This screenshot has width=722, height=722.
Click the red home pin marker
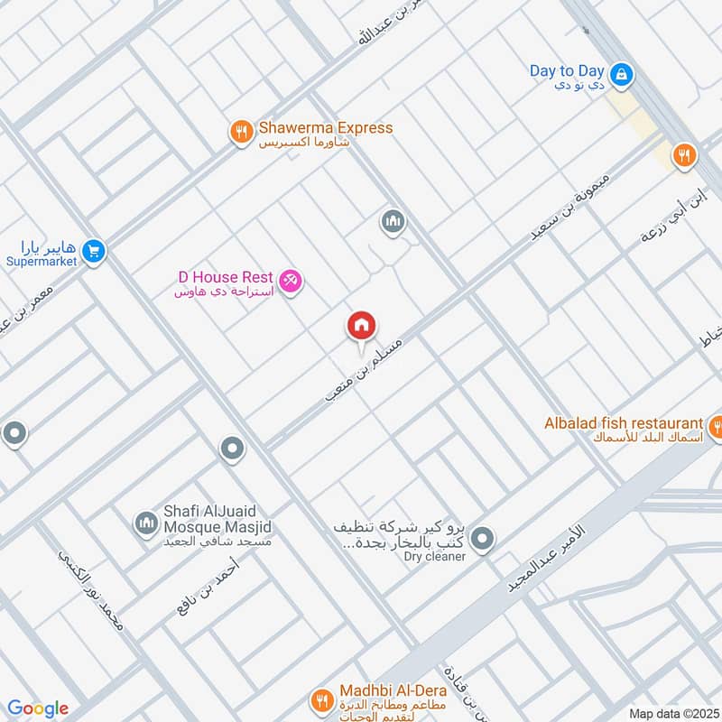362,326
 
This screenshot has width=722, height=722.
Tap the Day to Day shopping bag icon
621,76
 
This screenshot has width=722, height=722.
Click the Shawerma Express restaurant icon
240,133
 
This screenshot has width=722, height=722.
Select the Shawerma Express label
325,128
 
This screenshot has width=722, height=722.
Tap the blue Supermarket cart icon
93,253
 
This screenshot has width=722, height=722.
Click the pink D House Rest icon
291,282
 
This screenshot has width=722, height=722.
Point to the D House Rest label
226,275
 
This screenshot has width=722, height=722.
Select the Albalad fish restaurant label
623,423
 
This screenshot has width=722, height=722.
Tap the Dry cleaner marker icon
483,540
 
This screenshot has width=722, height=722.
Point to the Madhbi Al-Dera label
393,691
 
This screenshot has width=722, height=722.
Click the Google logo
38,708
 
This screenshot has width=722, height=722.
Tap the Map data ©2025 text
672,713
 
